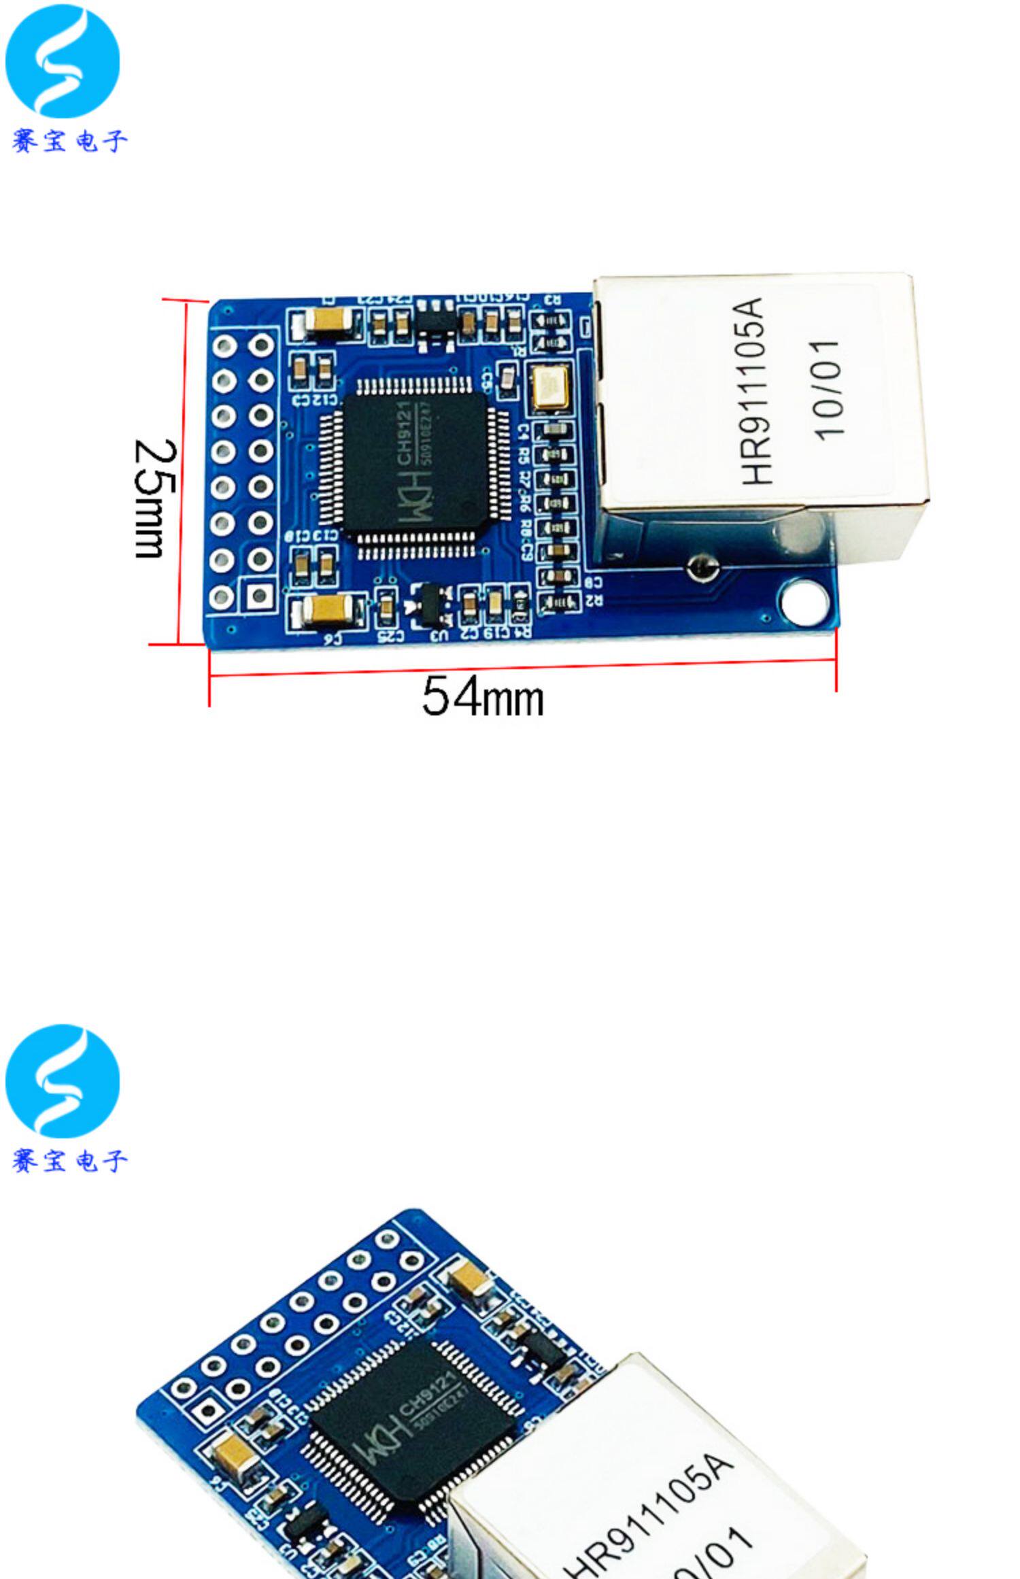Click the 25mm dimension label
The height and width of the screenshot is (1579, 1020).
pos(156,498)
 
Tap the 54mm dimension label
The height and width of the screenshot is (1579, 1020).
pos(483,697)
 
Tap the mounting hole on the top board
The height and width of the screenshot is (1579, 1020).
pos(804,601)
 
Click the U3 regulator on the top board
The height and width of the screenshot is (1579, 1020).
pos(428,603)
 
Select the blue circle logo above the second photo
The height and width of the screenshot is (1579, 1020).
pos(63,1080)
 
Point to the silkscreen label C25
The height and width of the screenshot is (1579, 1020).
pos(391,636)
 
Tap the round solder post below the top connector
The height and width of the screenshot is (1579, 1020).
pos(702,568)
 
